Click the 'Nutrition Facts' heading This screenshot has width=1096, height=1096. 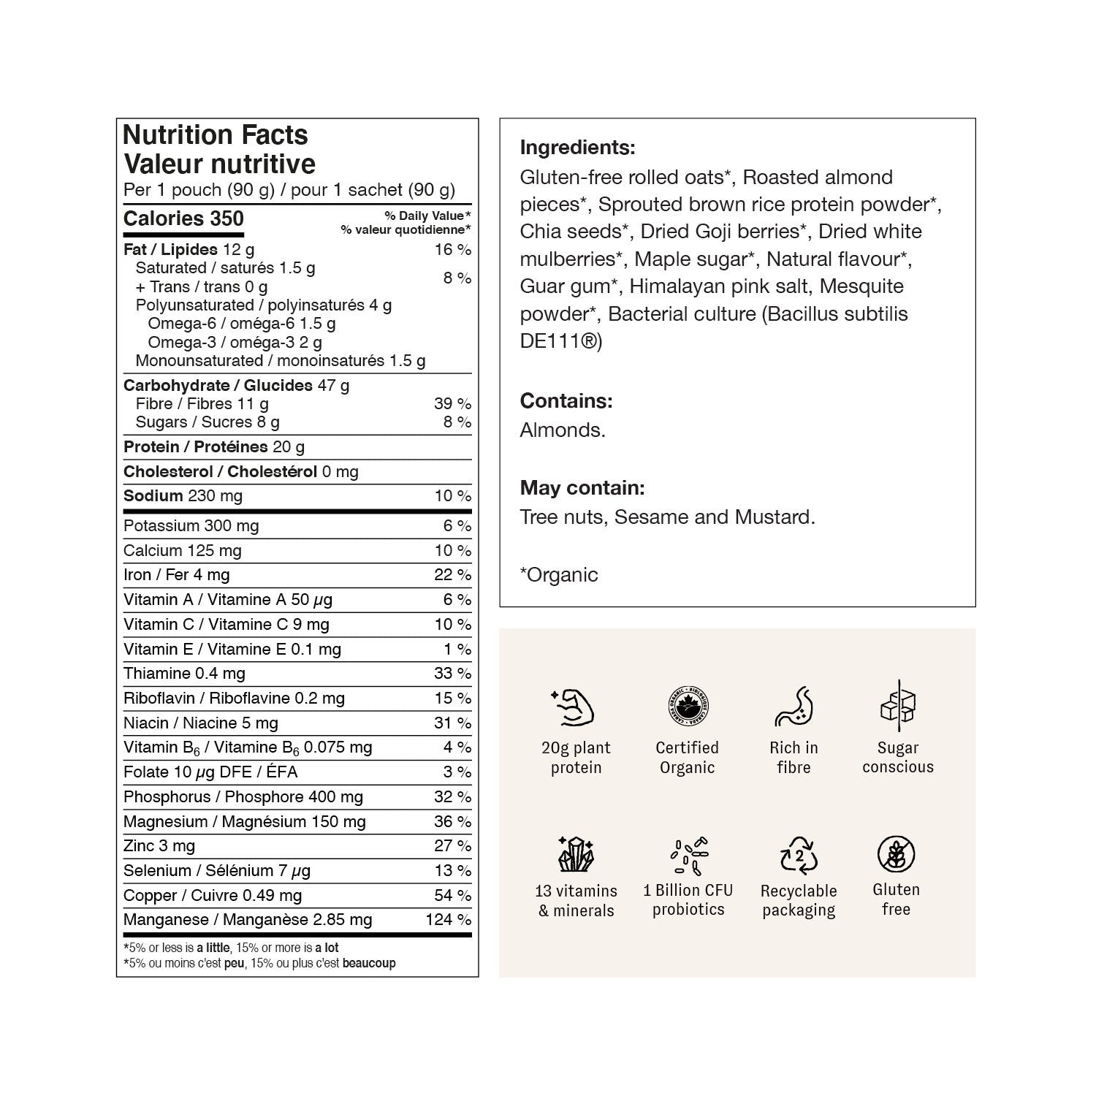(216, 135)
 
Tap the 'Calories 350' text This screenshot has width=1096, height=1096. (183, 218)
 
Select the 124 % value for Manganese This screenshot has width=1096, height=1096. (448, 920)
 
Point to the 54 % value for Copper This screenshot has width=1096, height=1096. (452, 895)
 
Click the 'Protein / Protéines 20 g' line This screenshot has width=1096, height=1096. (214, 447)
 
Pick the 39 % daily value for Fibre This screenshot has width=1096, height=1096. (452, 403)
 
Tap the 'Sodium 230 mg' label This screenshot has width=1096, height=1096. (183, 496)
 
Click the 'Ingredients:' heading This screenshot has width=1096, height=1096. (577, 148)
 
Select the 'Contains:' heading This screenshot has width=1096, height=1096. (566, 401)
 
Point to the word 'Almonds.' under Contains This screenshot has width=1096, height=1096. (563, 430)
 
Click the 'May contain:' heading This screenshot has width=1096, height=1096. (582, 488)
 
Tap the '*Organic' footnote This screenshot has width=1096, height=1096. (559, 575)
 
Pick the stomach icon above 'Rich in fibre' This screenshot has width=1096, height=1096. (794, 707)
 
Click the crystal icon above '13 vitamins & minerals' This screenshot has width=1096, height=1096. (576, 853)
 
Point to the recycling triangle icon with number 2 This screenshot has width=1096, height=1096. (799, 855)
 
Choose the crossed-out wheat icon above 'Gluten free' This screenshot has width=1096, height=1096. (896, 853)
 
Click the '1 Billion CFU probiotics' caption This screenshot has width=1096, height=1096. (688, 900)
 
